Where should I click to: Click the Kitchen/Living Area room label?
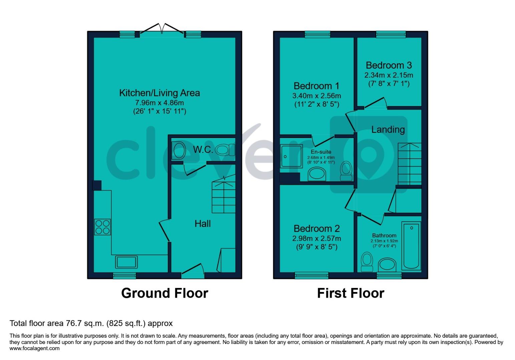(x=159, y=93)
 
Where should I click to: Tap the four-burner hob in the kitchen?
(x=102, y=227)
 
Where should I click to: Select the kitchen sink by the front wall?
(x=126, y=262)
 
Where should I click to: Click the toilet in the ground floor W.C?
(x=225, y=150)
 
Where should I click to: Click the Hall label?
(x=202, y=224)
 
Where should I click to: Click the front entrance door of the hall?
(x=192, y=271)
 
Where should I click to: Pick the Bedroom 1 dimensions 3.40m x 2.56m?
(x=316, y=96)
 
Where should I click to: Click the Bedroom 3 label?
(x=389, y=65)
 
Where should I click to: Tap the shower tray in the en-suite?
(x=291, y=156)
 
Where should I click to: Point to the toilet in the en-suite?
(x=346, y=171)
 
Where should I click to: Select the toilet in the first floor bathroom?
(x=367, y=262)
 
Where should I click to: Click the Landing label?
(x=388, y=129)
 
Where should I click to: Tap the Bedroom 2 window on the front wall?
(x=312, y=275)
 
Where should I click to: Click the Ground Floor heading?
(x=164, y=293)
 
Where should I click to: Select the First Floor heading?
(x=350, y=293)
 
